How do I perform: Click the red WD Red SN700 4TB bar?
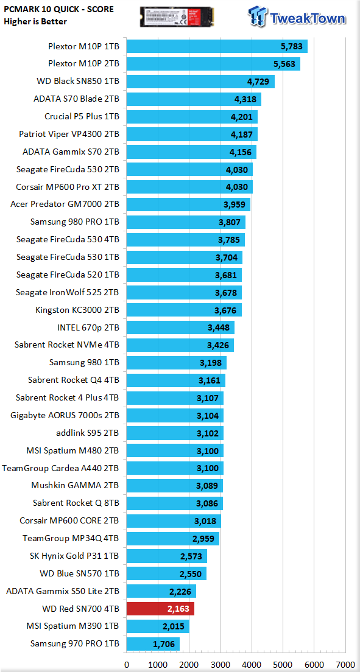click(x=160, y=609)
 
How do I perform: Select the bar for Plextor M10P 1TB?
click(x=217, y=46)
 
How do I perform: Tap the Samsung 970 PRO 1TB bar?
click(x=153, y=644)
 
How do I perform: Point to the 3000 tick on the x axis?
click(x=220, y=665)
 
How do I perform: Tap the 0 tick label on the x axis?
click(x=127, y=665)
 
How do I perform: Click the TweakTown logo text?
click(x=308, y=18)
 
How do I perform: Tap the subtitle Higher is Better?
click(x=35, y=21)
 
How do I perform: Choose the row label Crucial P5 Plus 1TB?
click(x=82, y=117)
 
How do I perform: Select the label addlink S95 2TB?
click(x=88, y=433)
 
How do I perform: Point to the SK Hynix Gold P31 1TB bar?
click(x=166, y=556)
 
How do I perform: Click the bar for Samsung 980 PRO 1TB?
click(x=186, y=222)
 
